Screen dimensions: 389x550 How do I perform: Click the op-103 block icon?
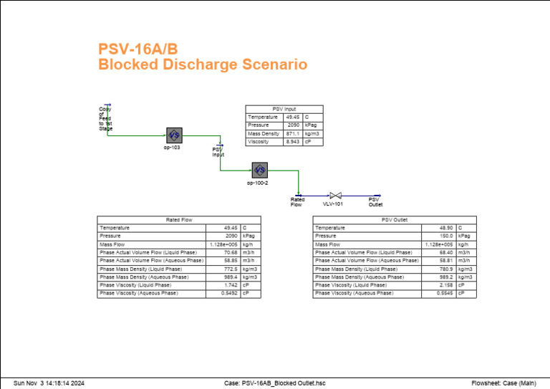tap(174, 135)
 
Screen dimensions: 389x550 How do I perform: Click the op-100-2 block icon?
tap(260, 171)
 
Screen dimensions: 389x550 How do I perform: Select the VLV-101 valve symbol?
tap(334, 195)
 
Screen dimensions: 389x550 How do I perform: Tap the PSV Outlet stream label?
tap(375, 202)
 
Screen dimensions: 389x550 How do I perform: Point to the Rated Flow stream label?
tap(296, 202)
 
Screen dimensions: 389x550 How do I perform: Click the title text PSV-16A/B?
tap(137, 49)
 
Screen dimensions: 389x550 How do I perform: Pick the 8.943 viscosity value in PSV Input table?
tap(293, 142)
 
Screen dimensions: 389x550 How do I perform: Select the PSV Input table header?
tap(284, 109)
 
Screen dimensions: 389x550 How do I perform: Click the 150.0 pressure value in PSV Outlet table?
tap(445, 236)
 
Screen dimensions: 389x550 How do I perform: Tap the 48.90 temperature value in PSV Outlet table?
tap(445, 228)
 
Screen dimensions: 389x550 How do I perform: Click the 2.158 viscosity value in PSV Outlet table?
tap(445, 285)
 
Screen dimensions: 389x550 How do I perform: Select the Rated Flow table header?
tap(179, 220)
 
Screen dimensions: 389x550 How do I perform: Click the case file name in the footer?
tap(275, 383)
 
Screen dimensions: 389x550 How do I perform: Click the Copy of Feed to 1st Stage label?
tap(105, 119)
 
